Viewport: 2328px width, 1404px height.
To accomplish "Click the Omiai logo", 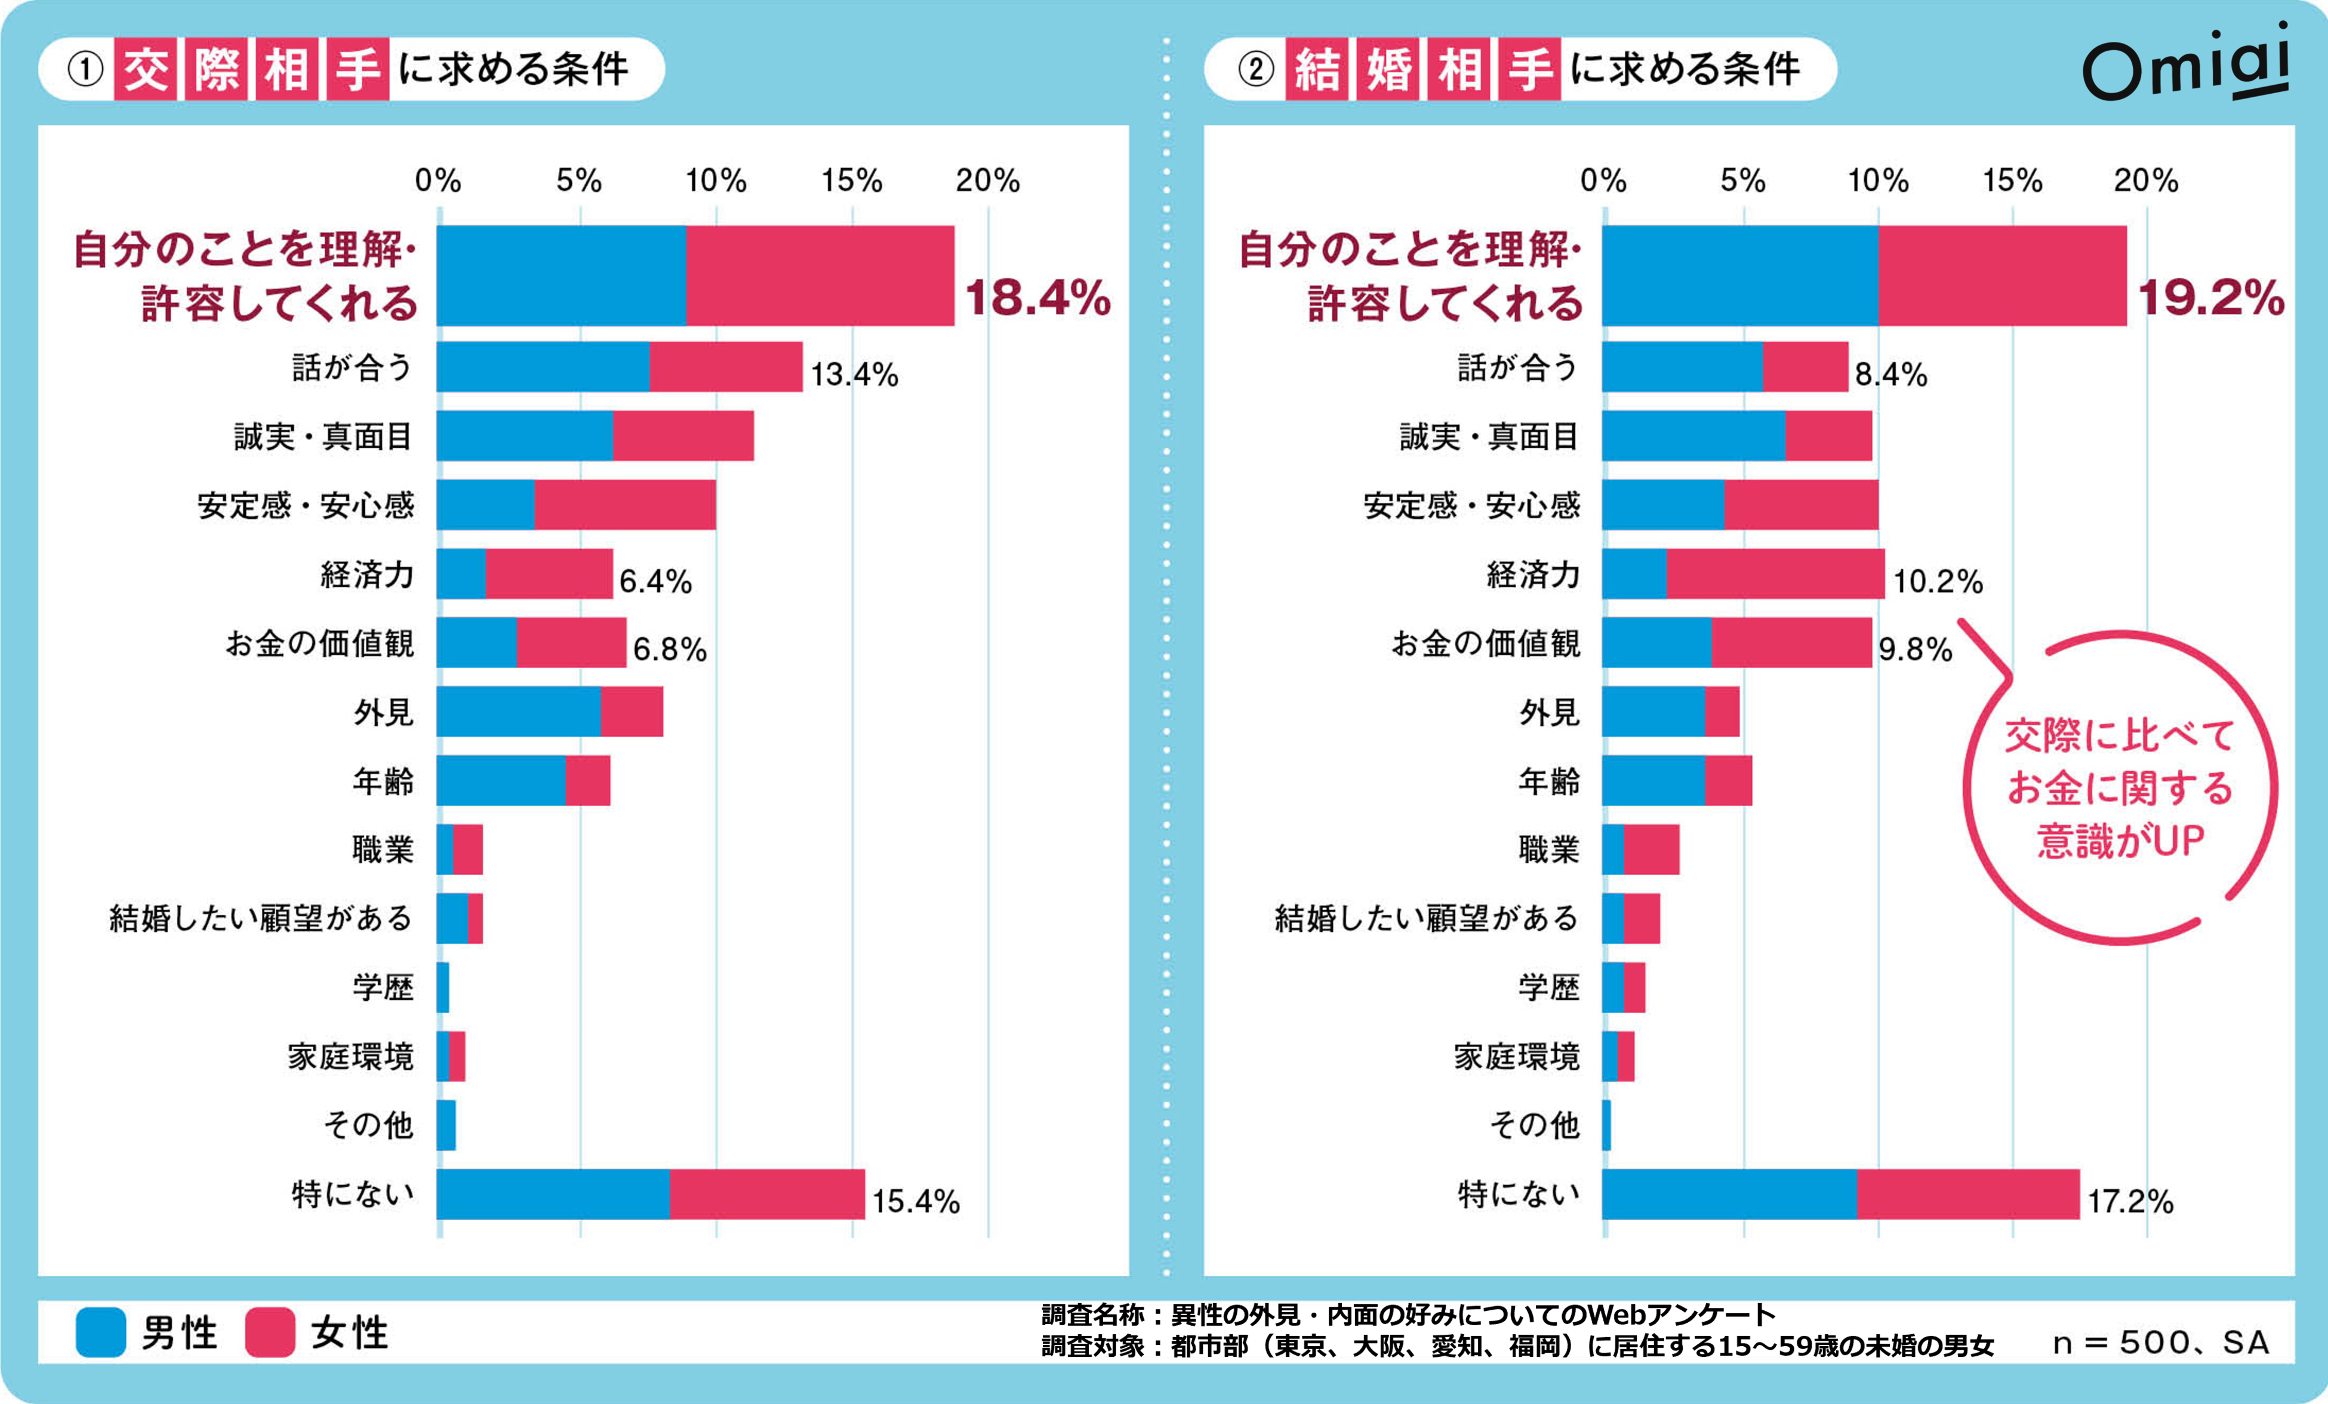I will [2185, 64].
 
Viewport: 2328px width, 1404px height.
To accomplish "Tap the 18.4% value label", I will [1037, 298].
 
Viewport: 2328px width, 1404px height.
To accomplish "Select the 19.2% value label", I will [2211, 298].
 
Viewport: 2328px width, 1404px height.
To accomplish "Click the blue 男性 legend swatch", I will [100, 1332].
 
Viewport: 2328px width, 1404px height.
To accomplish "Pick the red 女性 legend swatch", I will [270, 1332].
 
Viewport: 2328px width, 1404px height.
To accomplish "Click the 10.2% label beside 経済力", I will [1937, 581].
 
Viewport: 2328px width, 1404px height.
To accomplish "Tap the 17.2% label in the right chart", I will [2130, 1201].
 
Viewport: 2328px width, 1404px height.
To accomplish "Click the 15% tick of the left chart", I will [851, 180].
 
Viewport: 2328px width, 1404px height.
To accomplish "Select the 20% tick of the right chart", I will [2146, 180].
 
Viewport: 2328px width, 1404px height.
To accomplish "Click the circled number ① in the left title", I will [85, 69].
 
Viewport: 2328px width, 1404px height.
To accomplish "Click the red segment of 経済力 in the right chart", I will [1774, 574].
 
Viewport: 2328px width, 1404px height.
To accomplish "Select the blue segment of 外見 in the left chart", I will [518, 712].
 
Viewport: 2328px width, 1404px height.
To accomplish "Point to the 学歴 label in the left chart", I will [383, 987].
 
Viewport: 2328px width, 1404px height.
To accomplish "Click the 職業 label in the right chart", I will [1548, 849].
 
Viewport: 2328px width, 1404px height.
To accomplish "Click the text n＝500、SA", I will [2160, 1343].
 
